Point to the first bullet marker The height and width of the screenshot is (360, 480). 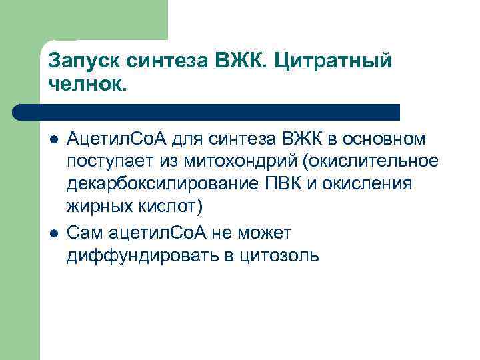pyautogui.click(x=54, y=139)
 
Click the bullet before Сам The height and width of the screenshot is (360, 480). pyautogui.click(x=54, y=233)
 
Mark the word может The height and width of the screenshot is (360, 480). pyautogui.click(x=273, y=233)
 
